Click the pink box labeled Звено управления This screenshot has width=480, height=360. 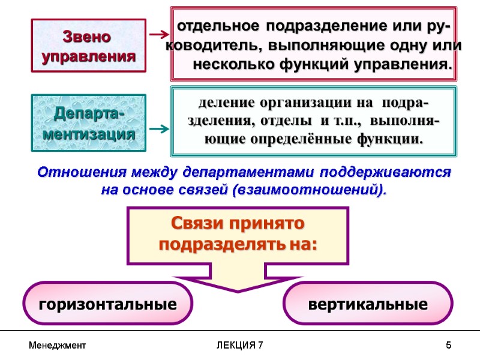coord(89,46)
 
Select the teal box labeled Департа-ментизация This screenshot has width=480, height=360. coord(89,122)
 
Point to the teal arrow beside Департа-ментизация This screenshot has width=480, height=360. coord(158,129)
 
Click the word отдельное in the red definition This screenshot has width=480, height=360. coord(219,26)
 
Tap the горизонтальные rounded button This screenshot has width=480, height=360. coord(108,304)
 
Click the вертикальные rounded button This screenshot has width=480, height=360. coord(368,304)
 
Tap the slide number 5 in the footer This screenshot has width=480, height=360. coord(448,346)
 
